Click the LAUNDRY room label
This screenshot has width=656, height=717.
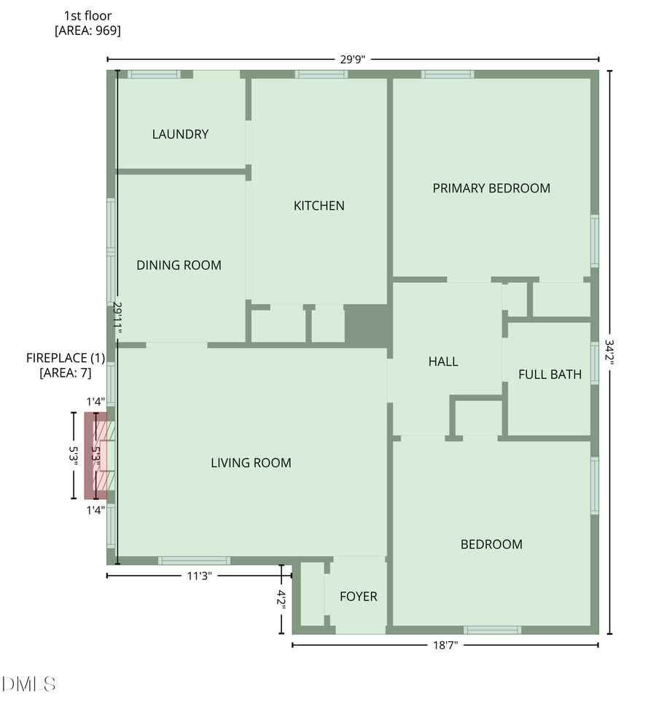pyautogui.click(x=180, y=134)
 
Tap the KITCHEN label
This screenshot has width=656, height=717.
pyautogui.click(x=319, y=205)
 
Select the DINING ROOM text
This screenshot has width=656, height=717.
pyautogui.click(x=179, y=265)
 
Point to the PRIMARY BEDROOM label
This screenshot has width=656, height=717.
pyautogui.click(x=491, y=188)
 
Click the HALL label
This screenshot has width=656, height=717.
pyautogui.click(x=443, y=361)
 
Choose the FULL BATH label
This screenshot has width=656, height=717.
pyautogui.click(x=550, y=375)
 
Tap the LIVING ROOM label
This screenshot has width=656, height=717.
pyautogui.click(x=251, y=463)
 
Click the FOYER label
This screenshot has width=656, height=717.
pyautogui.click(x=359, y=597)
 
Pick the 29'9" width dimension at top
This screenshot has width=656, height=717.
pyautogui.click(x=352, y=59)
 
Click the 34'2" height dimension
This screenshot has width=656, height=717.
pyautogui.click(x=609, y=353)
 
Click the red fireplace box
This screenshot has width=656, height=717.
pyautogui.click(x=95, y=455)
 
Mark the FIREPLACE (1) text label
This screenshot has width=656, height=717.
pyautogui.click(x=66, y=358)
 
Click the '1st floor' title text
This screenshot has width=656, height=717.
pyautogui.click(x=87, y=15)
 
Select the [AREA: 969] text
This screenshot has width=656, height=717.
pyautogui.click(x=87, y=31)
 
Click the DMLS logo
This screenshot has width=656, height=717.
pyautogui.click(x=29, y=684)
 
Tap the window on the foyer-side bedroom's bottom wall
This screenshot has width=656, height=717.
pyautogui.click(x=493, y=630)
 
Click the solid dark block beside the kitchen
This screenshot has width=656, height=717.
pyautogui.click(x=367, y=325)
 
